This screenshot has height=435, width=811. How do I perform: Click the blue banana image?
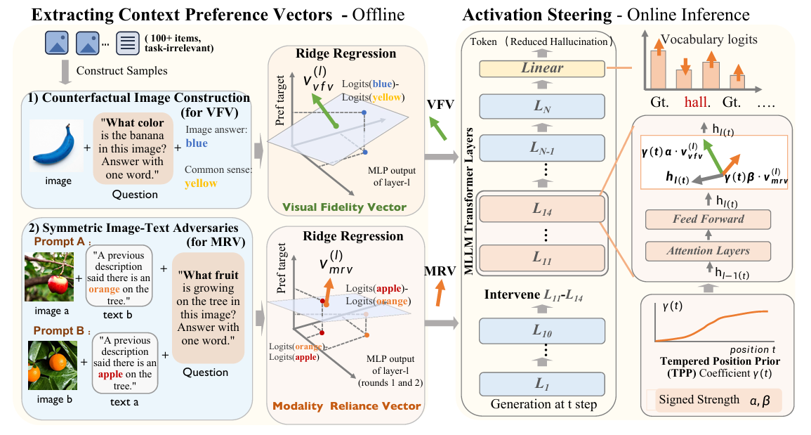pyautogui.click(x=56, y=145)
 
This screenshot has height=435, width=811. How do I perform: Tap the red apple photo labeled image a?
pyautogui.click(x=50, y=277)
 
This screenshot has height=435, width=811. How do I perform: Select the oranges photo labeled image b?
pyautogui.click(x=52, y=365)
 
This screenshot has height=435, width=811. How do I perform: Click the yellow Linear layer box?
pyautogui.click(x=542, y=68)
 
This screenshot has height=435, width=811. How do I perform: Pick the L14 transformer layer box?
pyautogui.click(x=542, y=209)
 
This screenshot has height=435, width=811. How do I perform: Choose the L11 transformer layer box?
pyautogui.click(x=542, y=257)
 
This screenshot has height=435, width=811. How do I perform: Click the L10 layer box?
pyautogui.click(x=542, y=331)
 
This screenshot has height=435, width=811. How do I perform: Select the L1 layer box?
pyautogui.click(x=542, y=384)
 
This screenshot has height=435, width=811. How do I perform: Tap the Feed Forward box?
pyautogui.click(x=708, y=219)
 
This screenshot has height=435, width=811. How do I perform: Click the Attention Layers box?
pyautogui.click(x=708, y=251)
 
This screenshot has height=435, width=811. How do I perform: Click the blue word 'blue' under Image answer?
pyautogui.click(x=197, y=143)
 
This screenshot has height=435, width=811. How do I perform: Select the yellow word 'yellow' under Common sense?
pyautogui.click(x=202, y=183)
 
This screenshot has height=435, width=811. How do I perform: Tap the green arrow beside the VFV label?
pyautogui.click(x=438, y=129)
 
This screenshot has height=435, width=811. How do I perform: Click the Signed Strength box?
pyautogui.click(x=718, y=401)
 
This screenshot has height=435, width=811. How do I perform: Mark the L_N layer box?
pyautogui.click(x=542, y=107)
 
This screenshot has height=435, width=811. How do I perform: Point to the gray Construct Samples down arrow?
pyautogui.click(x=65, y=72)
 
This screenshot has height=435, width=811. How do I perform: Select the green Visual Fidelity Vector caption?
pyautogui.click(x=345, y=207)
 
